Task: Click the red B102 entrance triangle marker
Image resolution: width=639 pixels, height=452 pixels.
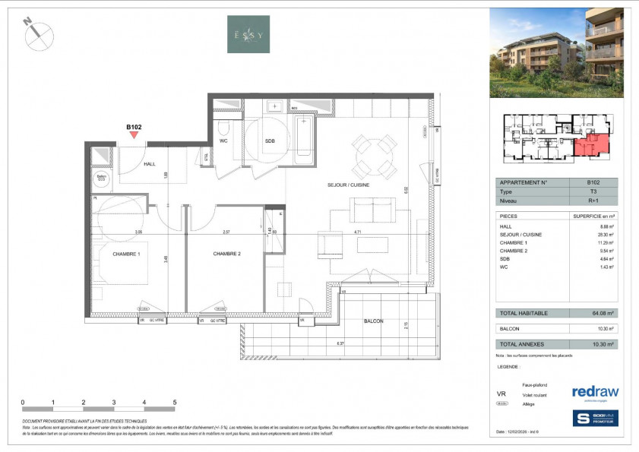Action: tap(134, 136)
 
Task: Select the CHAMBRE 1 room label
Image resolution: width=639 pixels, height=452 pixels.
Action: tap(122, 253)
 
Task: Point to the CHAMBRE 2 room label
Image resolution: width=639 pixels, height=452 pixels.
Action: tap(226, 253)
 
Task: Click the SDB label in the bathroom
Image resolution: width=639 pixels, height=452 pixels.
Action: tap(270, 141)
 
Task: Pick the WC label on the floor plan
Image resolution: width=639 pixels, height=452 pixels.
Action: tap(224, 141)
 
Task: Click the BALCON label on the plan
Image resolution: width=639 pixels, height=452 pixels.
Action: tap(373, 321)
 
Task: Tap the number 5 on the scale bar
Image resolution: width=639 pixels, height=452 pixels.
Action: tap(175, 402)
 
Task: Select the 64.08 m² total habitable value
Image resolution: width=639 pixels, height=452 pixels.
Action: tap(601, 313)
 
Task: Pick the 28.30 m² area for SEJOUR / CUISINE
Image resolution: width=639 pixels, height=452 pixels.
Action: tap(601, 235)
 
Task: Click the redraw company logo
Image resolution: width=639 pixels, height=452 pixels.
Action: tap(595, 391)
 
